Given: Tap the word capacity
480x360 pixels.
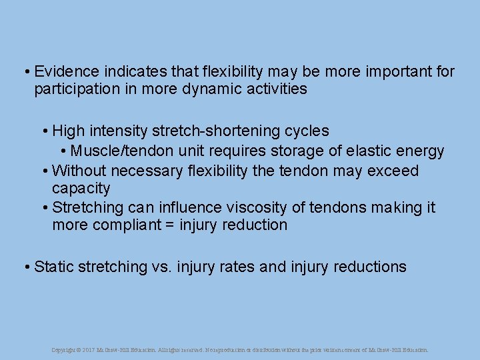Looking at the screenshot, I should [81, 189].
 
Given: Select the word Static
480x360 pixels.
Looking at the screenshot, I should [53, 267].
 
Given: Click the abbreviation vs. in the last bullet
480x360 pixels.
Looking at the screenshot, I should [161, 267].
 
